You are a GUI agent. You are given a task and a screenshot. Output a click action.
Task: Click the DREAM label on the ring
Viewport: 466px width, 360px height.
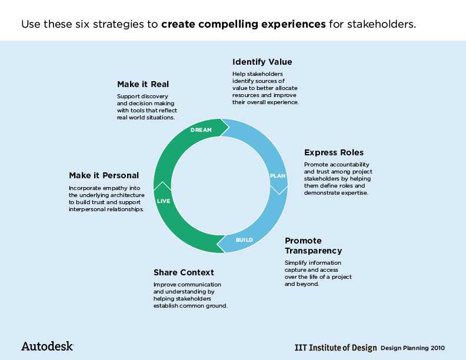(201, 130)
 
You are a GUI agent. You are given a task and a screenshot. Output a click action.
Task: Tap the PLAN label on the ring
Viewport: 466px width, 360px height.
(278, 176)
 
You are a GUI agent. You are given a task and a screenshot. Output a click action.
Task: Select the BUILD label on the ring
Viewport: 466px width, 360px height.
(244, 239)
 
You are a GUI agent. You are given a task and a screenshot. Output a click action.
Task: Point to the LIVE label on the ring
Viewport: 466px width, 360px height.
(164, 201)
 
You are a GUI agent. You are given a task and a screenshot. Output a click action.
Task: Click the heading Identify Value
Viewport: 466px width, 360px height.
(262, 62)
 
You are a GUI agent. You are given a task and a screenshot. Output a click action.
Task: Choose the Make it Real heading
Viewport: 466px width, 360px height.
(143, 84)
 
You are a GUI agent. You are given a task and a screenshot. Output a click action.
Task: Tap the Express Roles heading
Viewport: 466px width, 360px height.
(334, 153)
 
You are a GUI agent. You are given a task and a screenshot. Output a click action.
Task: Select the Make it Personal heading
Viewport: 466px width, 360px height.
(104, 175)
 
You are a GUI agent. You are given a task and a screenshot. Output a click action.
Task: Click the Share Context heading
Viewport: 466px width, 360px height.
(184, 272)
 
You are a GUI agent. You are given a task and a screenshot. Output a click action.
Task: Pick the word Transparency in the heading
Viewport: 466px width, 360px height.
(313, 251)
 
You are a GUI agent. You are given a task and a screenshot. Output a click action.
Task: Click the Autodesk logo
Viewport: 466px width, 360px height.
(47, 346)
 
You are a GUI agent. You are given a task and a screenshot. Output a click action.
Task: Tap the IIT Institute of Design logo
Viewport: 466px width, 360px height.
(335, 348)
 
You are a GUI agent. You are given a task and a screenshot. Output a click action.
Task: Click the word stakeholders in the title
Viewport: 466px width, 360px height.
(382, 24)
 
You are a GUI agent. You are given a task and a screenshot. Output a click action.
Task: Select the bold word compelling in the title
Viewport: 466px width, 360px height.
(228, 24)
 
